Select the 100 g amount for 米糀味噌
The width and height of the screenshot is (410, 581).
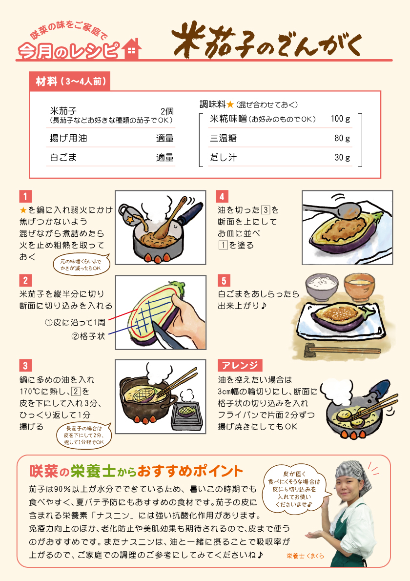pos(340,119)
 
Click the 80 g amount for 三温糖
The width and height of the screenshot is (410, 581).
pos(342,138)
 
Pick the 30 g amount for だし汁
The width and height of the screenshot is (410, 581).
pos(342,158)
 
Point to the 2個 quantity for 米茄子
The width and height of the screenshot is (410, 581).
pos(167,111)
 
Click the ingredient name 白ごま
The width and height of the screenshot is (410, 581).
pos(63,158)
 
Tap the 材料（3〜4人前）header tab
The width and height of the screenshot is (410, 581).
pos(70,81)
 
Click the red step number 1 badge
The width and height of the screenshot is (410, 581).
pos(25,196)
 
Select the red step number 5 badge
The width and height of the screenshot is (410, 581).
pos(224,281)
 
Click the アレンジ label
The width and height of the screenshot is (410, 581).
pos(240,365)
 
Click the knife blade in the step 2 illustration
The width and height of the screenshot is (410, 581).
pos(165,335)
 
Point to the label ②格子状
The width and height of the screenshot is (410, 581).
pos(88,336)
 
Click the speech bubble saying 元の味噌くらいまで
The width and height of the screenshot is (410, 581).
pos(82,264)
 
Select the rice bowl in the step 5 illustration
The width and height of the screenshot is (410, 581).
pos(322,287)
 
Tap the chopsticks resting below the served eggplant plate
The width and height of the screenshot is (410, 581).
pos(343,350)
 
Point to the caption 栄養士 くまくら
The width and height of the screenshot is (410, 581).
pos(305,556)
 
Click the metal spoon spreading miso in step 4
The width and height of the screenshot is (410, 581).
pos(333,209)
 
